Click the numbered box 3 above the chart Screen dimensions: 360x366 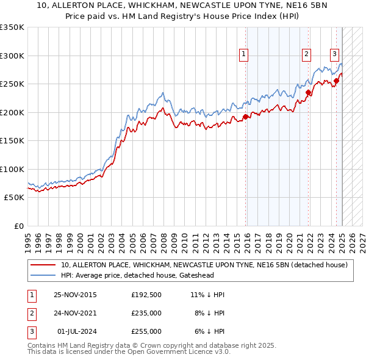tap(334, 53)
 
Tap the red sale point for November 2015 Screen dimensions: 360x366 tap(245, 117)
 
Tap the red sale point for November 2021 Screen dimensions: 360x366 tap(309, 93)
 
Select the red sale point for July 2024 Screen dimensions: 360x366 tap(336, 81)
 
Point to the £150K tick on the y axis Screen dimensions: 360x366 tap(12, 140)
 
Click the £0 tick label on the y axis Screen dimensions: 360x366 tap(18, 226)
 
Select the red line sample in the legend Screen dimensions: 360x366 tap(43, 265)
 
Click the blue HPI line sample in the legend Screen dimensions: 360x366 tap(43, 275)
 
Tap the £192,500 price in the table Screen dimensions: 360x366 tap(146, 295)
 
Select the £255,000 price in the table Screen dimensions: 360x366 tap(146, 331)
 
